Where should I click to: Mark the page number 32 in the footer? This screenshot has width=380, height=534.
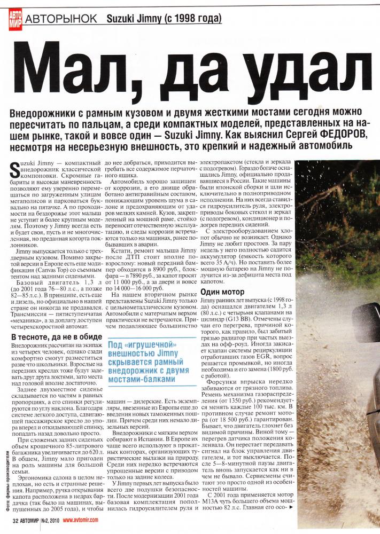click(x=15, y=522)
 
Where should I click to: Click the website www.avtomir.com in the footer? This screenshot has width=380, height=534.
click(x=87, y=522)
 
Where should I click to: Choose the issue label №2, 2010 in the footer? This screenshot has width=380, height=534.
click(x=52, y=522)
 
